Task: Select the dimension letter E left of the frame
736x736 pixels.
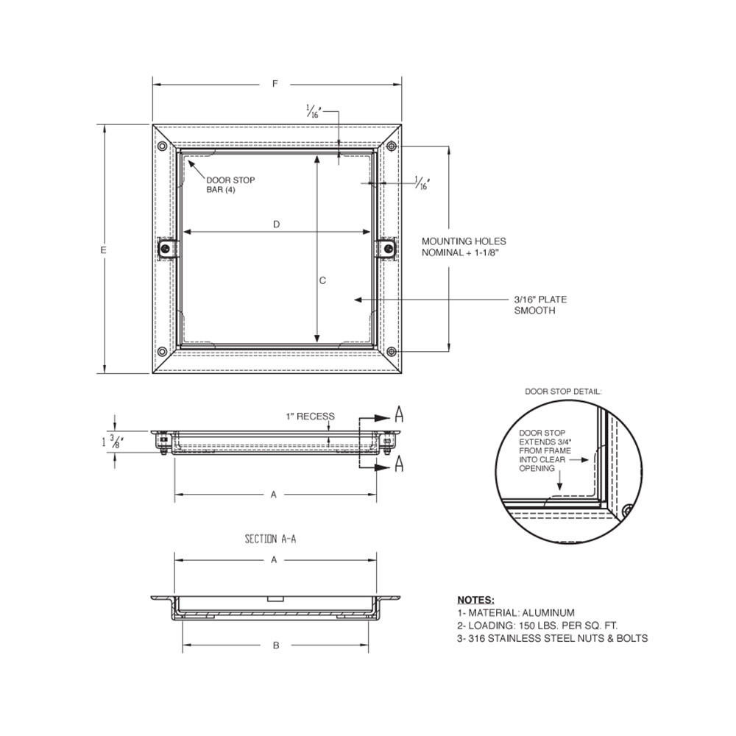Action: [x=105, y=250]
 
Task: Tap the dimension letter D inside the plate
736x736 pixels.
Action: [x=276, y=224]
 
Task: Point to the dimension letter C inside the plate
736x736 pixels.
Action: [x=322, y=280]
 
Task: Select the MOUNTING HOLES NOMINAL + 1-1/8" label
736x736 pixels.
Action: [x=464, y=247]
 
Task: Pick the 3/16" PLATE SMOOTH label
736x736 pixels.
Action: [x=540, y=305]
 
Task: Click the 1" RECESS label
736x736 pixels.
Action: [x=310, y=417]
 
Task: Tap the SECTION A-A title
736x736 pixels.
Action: [x=271, y=539]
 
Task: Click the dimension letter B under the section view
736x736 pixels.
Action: [x=276, y=645]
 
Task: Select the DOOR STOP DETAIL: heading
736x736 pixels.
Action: [x=563, y=392]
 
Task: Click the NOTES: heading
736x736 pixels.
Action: [x=475, y=600]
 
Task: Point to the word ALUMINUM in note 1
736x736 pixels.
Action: [x=548, y=612]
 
